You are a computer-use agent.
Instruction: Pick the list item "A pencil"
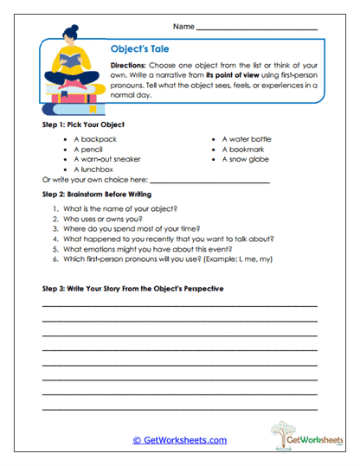tap(90, 149)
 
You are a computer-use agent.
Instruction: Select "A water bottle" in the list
tap(246, 138)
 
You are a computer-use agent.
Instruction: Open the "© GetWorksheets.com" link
tap(180, 440)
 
